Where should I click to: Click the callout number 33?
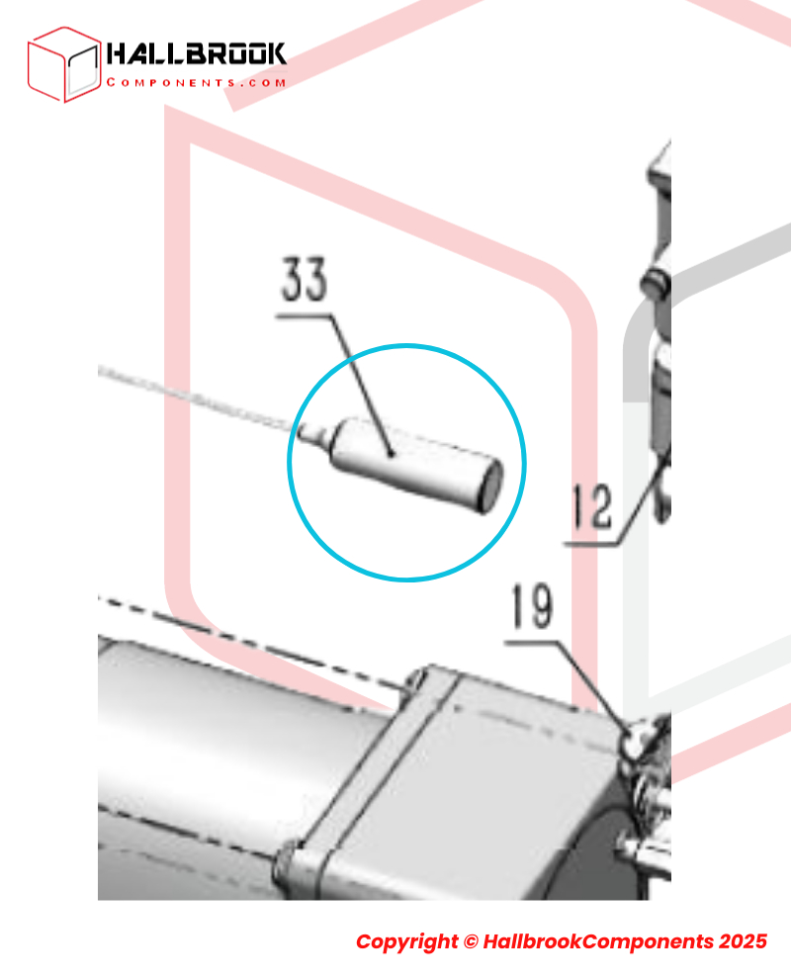[305, 279]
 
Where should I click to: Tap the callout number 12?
[592, 506]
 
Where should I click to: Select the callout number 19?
[532, 605]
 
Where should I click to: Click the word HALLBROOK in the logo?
[196, 54]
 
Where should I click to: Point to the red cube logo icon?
[63, 64]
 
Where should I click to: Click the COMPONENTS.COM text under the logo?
[196, 82]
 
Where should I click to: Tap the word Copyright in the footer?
[406, 941]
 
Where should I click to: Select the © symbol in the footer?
[471, 941]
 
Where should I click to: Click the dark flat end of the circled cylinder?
[490, 487]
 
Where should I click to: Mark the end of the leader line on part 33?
[392, 454]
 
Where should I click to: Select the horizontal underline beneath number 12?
[591, 544]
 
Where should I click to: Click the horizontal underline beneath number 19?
[532, 643]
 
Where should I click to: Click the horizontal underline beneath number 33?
[305, 316]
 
